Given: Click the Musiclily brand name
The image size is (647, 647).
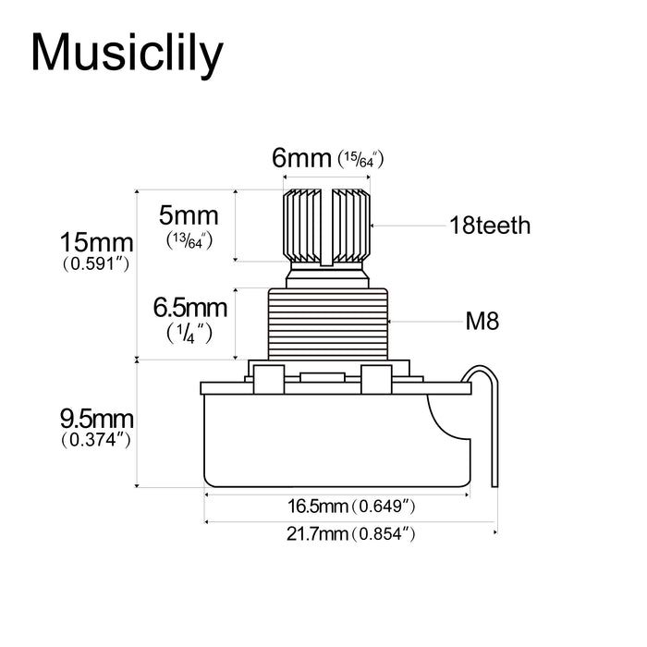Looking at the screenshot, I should [127, 54].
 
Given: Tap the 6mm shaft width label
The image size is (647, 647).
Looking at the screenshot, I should [301, 158].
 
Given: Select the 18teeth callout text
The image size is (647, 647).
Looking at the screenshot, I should [490, 225].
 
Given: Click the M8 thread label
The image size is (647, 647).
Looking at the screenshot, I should [482, 322].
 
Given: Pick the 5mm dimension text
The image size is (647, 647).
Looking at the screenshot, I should [189, 216].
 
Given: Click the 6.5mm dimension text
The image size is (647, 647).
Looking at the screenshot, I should [189, 306].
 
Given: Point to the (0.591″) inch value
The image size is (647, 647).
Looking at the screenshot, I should [96, 263].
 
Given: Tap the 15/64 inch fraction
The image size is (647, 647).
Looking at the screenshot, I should [360, 160].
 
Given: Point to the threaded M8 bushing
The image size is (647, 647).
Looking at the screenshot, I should [328, 323].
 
